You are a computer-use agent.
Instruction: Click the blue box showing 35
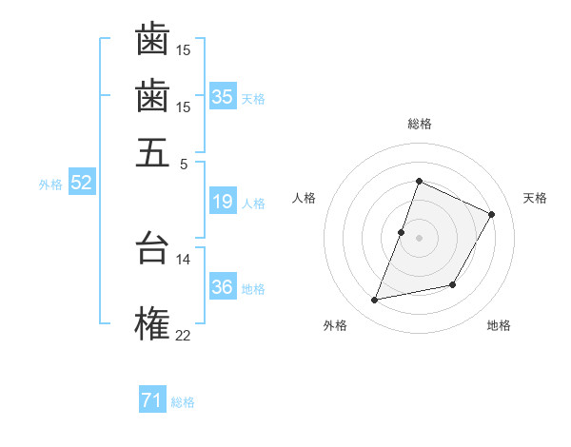click(223, 96)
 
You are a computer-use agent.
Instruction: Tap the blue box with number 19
click(223, 202)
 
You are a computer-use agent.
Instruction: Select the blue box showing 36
click(223, 287)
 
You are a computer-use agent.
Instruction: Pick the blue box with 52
click(81, 183)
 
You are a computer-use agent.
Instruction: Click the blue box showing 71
click(152, 400)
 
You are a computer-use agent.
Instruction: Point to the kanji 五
click(152, 152)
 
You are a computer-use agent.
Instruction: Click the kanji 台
click(152, 247)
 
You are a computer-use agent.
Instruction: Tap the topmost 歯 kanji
click(152, 39)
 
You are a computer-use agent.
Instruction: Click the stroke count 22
click(183, 334)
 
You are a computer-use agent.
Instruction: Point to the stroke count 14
click(183, 259)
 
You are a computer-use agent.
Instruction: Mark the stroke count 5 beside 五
click(183, 163)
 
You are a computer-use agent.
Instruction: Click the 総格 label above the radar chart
click(419, 124)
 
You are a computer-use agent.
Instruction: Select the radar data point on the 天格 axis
click(492, 214)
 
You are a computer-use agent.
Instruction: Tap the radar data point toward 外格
click(375, 301)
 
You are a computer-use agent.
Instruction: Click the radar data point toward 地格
click(453, 285)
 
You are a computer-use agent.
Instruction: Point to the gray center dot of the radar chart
click(419, 238)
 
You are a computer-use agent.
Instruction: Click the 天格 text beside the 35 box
click(253, 98)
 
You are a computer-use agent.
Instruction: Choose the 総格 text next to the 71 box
click(183, 402)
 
